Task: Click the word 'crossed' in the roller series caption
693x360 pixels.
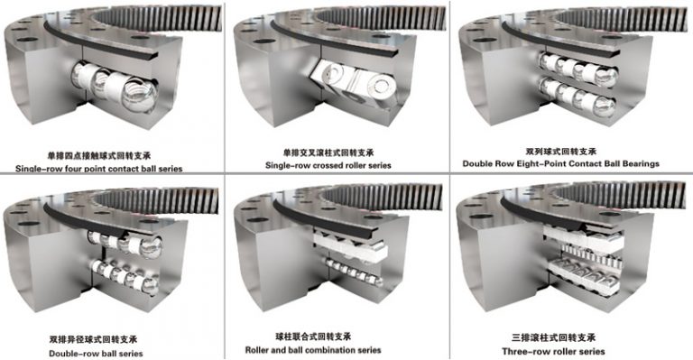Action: pos(329,166)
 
